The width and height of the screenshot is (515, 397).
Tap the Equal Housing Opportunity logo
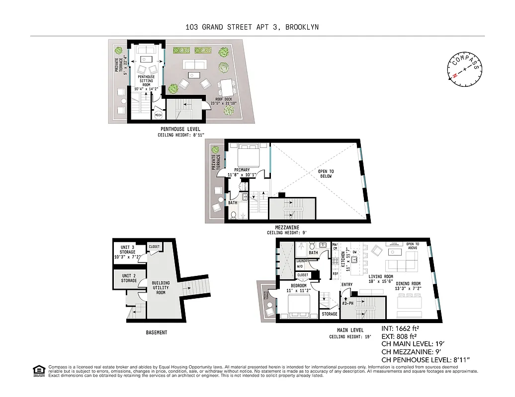38,370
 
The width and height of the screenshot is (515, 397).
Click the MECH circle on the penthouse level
159,115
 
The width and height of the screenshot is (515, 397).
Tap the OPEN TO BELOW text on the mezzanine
326,174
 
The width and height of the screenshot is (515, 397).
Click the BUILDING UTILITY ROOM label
161,288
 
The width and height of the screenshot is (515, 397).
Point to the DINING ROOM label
408,286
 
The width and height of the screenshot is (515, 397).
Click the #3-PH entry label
348,304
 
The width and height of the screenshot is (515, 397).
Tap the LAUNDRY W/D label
302,263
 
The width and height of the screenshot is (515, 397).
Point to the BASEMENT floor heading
157,332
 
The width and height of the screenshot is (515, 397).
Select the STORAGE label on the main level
329,314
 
